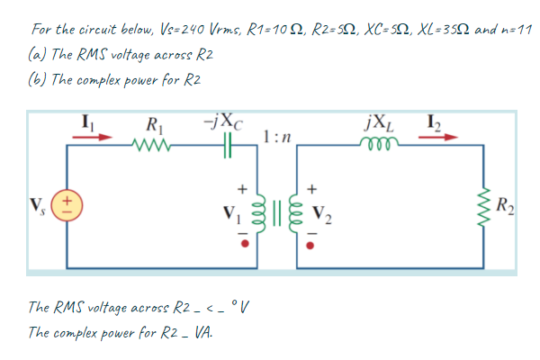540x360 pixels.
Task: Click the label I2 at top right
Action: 429,119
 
